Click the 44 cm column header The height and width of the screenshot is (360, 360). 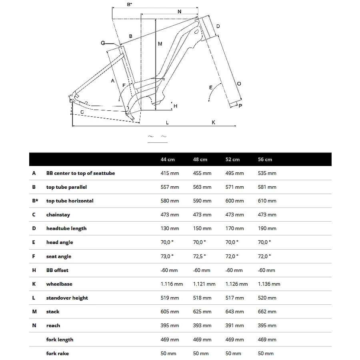click(168, 159)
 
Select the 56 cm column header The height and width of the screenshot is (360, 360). click(265, 159)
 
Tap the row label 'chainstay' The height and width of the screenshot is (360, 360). click(58, 215)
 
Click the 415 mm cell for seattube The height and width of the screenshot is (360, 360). click(170, 173)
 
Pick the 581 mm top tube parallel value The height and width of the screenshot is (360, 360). click(267, 187)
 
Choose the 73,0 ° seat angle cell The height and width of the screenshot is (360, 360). click(167, 256)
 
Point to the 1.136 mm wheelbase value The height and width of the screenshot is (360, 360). click(269, 284)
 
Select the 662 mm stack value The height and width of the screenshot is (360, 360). click(267, 312)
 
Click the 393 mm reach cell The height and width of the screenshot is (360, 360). click(202, 326)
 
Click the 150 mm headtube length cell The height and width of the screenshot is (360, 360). click(202, 228)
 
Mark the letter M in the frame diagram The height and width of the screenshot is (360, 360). click(160, 44)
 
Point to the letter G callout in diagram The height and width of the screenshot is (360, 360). click(103, 43)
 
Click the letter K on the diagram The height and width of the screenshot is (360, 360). click(214, 122)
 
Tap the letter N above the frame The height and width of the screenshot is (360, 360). click(179, 12)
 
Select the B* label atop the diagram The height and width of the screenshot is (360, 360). click(129, 4)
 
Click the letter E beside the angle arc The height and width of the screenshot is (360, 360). click(211, 87)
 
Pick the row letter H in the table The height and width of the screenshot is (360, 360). click(34, 270)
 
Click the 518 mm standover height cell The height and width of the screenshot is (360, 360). click(202, 298)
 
